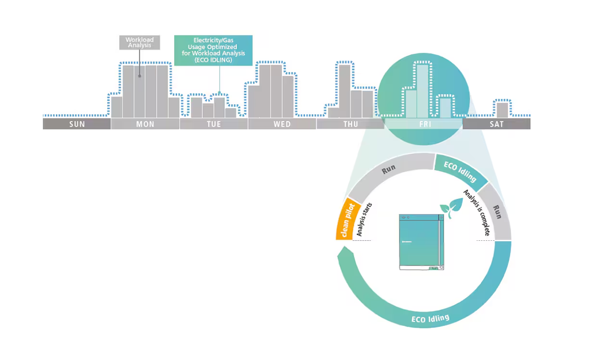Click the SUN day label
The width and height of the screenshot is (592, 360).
(77, 124)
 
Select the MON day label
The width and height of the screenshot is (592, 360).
(145, 124)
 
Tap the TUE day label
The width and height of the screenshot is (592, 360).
(213, 124)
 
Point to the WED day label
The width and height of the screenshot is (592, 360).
(282, 124)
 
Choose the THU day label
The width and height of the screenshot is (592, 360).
(350, 124)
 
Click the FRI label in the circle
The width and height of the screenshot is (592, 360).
(425, 124)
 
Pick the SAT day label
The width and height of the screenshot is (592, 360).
(496, 124)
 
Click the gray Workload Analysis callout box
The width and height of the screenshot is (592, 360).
(139, 43)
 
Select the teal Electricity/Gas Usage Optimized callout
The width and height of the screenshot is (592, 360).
(213, 50)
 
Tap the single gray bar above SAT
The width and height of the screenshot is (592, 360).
(503, 109)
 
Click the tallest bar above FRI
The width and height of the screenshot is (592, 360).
(423, 91)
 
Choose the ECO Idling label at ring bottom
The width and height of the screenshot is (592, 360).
(430, 318)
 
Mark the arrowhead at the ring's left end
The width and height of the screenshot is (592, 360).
(344, 253)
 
